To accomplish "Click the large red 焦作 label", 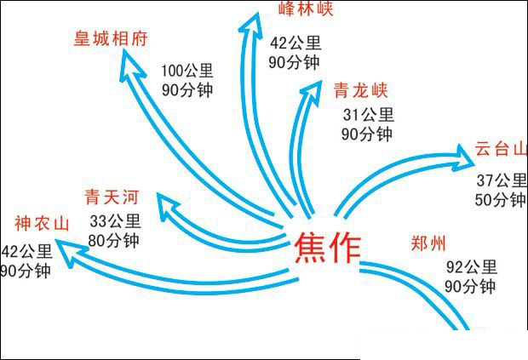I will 327,248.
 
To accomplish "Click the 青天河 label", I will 111,198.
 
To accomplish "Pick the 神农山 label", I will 40,224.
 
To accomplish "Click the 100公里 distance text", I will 187,70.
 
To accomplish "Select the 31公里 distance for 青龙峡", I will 367,114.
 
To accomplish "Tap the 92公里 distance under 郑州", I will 471,266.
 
